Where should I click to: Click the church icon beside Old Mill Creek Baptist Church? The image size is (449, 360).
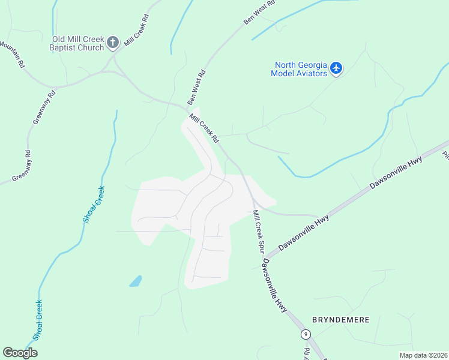click(113, 43)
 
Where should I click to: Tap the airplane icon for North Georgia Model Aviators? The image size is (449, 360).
click(336, 68)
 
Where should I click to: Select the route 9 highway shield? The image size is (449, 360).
click(306, 334)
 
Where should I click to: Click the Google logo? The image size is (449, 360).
click(20, 353)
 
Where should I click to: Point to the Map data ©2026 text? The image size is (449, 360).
click(423, 355)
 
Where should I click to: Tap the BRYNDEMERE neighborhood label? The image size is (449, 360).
click(340, 319)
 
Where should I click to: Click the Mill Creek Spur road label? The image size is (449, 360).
click(259, 232)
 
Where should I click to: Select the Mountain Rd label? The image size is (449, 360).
click(13, 55)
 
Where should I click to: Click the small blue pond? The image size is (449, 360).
click(136, 281)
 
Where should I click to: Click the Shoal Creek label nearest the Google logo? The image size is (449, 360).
click(38, 320)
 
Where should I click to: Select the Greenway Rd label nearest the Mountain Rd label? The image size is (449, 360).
click(44, 107)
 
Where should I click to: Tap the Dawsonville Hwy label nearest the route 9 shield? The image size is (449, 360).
click(275, 286)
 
